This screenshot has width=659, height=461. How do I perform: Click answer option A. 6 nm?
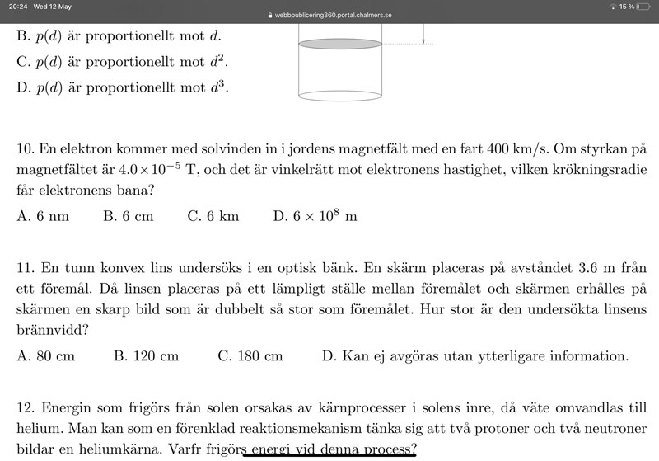43,216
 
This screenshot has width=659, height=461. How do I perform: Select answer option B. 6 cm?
129,216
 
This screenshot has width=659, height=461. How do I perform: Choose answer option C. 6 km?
213,216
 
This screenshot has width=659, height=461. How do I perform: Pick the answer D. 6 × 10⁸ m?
315,216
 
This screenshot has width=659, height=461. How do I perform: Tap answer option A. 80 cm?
45,356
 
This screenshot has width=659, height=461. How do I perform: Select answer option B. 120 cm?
146,356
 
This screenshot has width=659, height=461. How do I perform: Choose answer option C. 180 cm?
250,356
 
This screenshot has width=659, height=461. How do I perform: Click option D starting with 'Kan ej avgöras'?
475,356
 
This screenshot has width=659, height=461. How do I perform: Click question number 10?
24,150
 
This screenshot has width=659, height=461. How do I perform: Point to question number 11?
24,269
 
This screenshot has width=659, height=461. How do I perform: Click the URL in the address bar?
331,16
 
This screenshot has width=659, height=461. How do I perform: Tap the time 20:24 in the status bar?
16,6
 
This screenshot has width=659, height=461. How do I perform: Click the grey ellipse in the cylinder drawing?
340,44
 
